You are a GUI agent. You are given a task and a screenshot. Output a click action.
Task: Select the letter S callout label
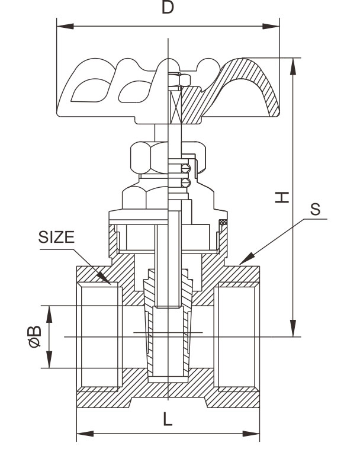316,209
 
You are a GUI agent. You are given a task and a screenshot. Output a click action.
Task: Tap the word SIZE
57,238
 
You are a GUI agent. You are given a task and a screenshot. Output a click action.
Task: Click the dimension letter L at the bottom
168,419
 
